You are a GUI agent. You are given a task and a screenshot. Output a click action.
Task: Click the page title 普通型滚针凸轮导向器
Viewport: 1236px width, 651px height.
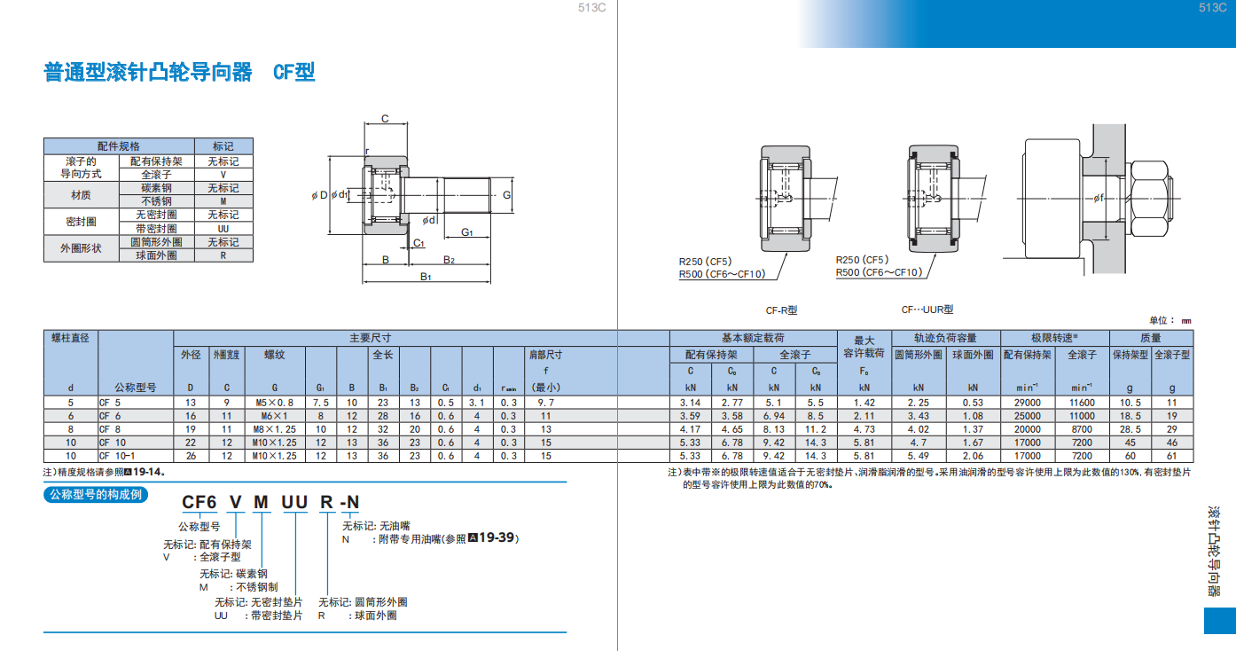pos(147,73)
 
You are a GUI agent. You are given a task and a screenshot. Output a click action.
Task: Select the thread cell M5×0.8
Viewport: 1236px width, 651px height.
pos(274,403)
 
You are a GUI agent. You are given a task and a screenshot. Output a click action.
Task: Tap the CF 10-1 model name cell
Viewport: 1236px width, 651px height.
pos(117,456)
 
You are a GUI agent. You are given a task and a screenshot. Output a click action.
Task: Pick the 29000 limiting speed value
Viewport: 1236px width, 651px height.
pos(1027,403)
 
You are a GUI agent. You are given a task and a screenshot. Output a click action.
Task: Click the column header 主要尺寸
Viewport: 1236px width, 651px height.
pos(370,338)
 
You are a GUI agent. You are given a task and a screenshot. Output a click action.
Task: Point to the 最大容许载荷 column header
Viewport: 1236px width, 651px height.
pos(864,347)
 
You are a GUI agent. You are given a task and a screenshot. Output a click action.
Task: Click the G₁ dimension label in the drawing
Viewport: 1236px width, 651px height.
pos(466,232)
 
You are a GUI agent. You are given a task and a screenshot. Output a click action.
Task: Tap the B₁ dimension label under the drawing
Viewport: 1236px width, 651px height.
pos(426,276)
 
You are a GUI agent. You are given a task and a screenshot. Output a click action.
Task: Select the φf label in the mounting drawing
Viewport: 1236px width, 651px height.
pos(1099,197)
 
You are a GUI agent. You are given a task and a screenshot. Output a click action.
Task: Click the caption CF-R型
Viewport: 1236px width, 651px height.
pos(781,310)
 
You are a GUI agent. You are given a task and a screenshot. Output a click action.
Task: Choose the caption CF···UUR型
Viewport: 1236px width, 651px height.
pos(927,310)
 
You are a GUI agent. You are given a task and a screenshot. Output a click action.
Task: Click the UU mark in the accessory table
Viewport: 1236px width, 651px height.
pos(223,229)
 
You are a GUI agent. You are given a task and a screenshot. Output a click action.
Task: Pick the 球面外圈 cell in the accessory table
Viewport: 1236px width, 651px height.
pos(156,255)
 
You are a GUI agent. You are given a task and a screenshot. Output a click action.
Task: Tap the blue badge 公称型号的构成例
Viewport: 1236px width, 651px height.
pos(96,494)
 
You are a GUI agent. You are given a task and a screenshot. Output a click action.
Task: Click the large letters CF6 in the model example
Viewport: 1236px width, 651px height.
pos(199,502)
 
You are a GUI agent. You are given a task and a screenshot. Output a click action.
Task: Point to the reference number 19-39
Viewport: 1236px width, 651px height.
pos(497,537)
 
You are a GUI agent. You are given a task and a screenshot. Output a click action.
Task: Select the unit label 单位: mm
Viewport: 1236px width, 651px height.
pos(1170,320)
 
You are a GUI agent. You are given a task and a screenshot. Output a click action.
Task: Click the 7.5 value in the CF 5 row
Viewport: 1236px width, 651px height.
pos(321,403)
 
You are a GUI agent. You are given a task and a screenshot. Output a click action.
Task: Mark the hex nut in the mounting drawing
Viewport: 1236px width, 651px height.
pos(1150,198)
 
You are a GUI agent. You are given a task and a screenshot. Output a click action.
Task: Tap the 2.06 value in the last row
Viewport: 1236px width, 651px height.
pos(973,456)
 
